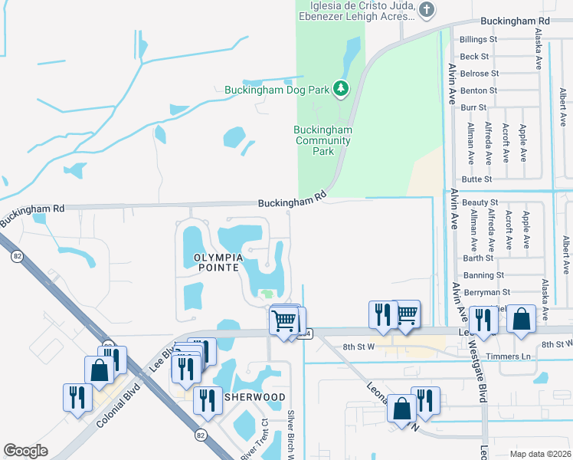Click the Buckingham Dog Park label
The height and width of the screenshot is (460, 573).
pos(277,90)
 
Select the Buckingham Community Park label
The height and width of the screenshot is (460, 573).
pos(323,140)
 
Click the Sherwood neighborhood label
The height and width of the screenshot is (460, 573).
pos(255,397)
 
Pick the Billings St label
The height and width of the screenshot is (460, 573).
pos(479,39)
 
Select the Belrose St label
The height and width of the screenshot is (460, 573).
pos(479,74)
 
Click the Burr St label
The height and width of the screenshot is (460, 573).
pos(474,108)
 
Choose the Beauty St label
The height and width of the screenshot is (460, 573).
pos(480,202)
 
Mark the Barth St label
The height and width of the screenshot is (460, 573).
pos(477,258)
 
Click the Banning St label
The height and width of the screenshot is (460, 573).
pos(483,274)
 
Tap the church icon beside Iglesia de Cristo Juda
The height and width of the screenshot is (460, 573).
pos(427,10)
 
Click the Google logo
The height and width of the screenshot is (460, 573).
pos(25,451)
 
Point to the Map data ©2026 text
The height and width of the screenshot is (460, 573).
pos(539,454)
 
